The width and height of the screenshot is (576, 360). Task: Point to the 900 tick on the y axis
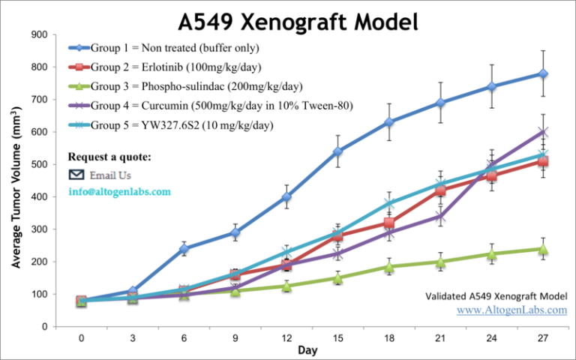40,35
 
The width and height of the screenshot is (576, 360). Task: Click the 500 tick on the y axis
40,165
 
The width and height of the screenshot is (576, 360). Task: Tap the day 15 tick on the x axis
337,337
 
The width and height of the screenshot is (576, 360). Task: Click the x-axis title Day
307,350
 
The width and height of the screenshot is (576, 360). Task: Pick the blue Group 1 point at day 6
184,249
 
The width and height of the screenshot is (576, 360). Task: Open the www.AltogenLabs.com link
512,310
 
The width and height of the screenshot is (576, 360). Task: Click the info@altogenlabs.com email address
119,191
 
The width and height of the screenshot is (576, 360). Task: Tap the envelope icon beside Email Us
76,175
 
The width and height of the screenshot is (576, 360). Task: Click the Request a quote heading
109,157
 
